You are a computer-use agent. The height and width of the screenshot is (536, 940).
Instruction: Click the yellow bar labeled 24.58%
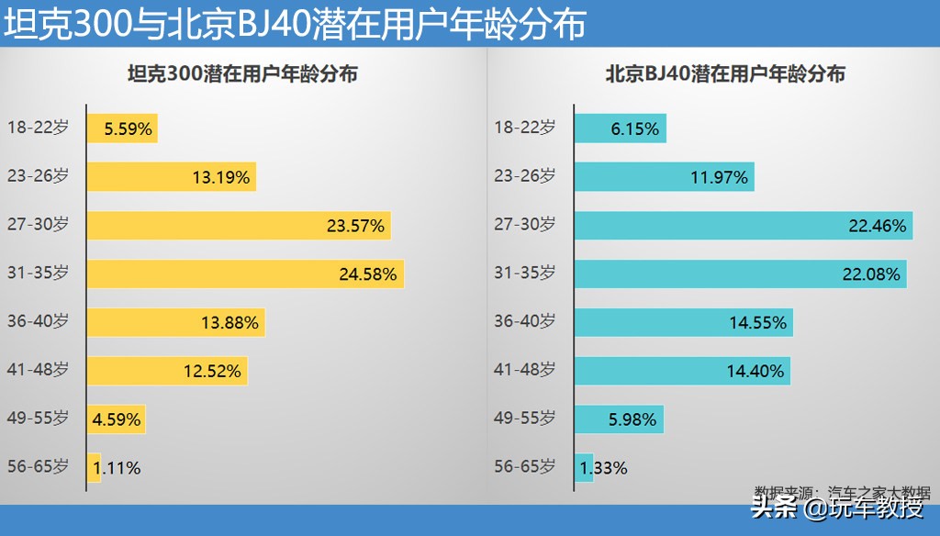(245, 274)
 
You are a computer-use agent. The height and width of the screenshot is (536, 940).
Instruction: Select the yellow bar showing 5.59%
(122, 128)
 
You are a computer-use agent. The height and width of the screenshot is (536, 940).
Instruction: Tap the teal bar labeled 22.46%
(744, 225)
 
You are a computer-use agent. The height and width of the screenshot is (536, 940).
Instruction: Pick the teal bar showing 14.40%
(682, 371)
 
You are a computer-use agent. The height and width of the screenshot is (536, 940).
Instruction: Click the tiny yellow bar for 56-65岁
(94, 468)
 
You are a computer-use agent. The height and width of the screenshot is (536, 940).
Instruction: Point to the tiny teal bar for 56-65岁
(584, 468)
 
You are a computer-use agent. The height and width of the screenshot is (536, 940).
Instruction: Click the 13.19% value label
(220, 177)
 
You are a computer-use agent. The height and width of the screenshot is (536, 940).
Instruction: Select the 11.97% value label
(720, 177)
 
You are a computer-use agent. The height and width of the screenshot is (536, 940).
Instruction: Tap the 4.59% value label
(117, 419)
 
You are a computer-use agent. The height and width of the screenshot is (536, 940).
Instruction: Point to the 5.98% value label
(632, 419)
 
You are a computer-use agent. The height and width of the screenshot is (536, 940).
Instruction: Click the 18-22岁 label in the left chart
(38, 128)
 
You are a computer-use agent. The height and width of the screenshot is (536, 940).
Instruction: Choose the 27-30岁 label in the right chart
(525, 224)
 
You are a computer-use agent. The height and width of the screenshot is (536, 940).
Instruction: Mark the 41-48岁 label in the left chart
(38, 370)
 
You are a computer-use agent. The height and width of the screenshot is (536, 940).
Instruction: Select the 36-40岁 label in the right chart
(525, 321)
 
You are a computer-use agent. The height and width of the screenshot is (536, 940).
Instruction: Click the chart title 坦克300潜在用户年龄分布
(242, 75)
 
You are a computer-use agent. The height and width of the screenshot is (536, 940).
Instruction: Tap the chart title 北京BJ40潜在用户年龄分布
(725, 75)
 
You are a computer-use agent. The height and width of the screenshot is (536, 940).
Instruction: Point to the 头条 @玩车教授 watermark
(837, 508)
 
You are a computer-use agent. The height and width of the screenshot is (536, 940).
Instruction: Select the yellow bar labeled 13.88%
(175, 322)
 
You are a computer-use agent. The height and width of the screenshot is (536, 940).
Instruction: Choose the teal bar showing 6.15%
(620, 128)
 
